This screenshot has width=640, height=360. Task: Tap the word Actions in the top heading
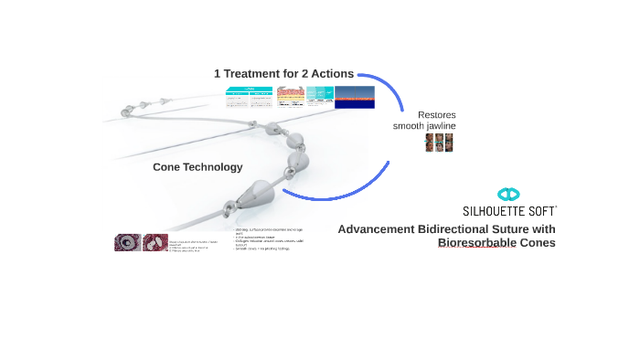330,74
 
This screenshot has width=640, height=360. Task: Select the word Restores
436,114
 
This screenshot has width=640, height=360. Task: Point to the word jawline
437,126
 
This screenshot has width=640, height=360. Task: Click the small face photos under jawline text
439,143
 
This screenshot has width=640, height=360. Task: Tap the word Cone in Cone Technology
166,167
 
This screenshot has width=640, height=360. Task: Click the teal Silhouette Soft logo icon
508,195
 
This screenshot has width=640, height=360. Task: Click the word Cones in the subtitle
538,243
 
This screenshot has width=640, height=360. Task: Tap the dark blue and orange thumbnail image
355,97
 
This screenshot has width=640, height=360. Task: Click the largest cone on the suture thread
255,193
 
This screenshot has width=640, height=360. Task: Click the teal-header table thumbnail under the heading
249,97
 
